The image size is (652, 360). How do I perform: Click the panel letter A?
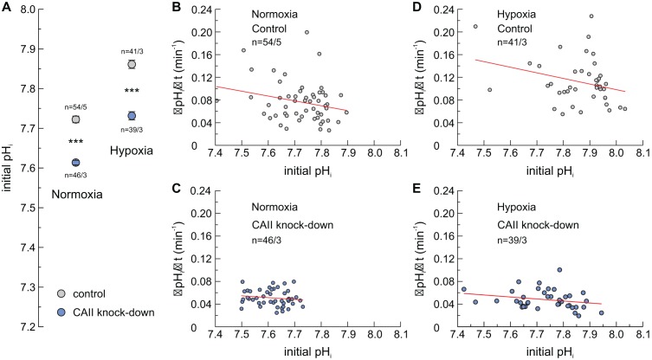(x=8, y=7)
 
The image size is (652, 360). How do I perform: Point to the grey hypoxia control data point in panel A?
(x=131, y=64)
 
